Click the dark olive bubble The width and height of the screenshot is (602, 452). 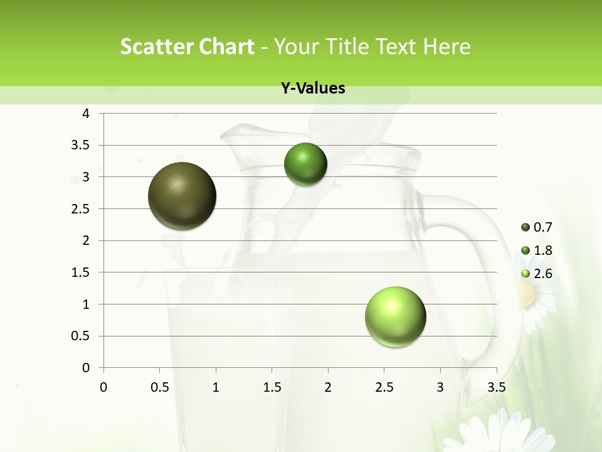click(182, 196)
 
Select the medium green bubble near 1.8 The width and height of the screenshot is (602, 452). click(305, 164)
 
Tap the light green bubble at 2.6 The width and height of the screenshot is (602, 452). click(395, 316)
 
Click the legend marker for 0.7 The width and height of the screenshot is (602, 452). click(525, 227)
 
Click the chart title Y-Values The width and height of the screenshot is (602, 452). click(313, 89)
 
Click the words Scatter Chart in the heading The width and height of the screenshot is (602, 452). click(187, 46)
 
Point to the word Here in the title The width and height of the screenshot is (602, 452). click(446, 46)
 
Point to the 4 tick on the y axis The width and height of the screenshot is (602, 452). click(87, 114)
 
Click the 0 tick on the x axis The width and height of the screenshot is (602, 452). click(103, 387)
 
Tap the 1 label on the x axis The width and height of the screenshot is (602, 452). click(216, 387)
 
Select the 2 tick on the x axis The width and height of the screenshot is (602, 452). click(328, 387)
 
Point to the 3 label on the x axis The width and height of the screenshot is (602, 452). click(440, 387)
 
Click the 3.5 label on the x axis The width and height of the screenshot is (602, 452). click(496, 387)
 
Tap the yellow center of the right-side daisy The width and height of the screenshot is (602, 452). click(528, 293)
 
